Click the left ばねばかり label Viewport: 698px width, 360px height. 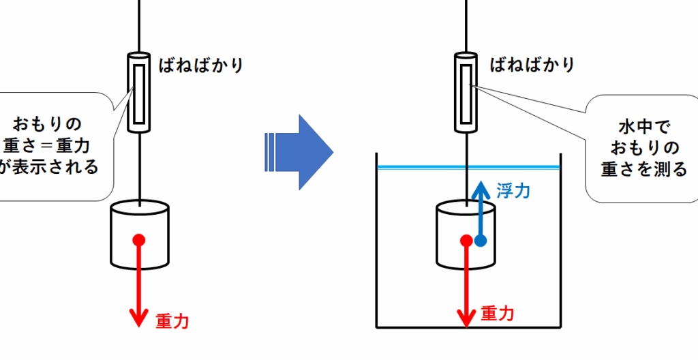click(x=201, y=65)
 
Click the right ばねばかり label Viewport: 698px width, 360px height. click(x=532, y=65)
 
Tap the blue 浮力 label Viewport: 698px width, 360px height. click(x=513, y=191)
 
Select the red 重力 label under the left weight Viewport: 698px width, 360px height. click(x=172, y=320)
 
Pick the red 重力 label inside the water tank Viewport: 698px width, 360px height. click(x=498, y=314)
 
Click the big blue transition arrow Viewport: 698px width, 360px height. click(x=299, y=152)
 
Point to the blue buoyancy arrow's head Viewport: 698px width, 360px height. click(x=480, y=190)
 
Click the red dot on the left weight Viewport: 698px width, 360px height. click(x=139, y=240)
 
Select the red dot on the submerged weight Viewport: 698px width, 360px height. click(x=466, y=241)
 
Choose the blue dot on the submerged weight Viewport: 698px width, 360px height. click(x=481, y=241)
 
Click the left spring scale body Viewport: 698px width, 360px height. click(x=139, y=93)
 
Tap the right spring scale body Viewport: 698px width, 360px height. click(x=466, y=93)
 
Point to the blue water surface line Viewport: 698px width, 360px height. click(x=468, y=168)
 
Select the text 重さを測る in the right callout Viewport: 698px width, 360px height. click(x=643, y=169)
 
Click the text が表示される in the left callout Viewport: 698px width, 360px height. click(x=48, y=166)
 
